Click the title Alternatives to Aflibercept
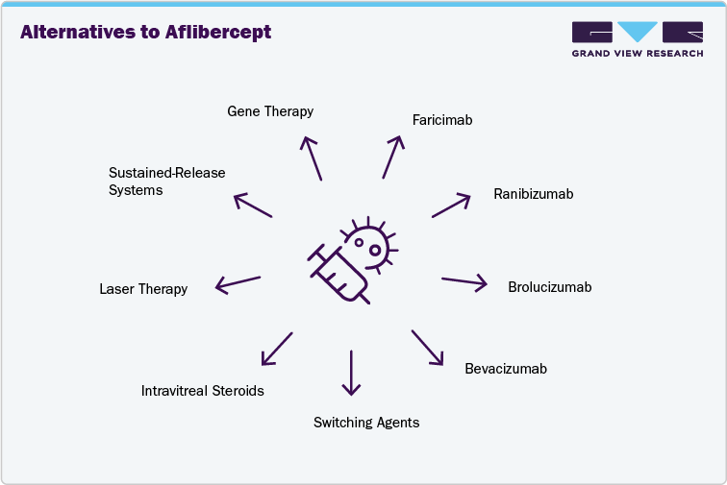(x=145, y=33)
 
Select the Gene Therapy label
(x=270, y=111)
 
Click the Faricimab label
(x=441, y=120)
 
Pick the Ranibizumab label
(x=533, y=194)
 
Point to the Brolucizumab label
(x=549, y=287)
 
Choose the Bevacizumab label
(x=506, y=369)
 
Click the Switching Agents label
(x=366, y=423)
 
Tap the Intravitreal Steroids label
(x=202, y=391)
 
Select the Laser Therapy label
(x=143, y=289)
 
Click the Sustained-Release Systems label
(x=166, y=182)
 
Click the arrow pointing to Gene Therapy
(x=313, y=158)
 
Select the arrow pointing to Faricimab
(x=392, y=157)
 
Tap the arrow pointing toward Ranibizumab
(x=451, y=205)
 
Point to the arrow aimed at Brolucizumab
(x=464, y=281)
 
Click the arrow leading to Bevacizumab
(x=428, y=348)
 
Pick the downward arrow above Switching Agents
(x=351, y=373)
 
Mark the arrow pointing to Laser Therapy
(x=238, y=283)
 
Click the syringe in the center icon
(x=338, y=274)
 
